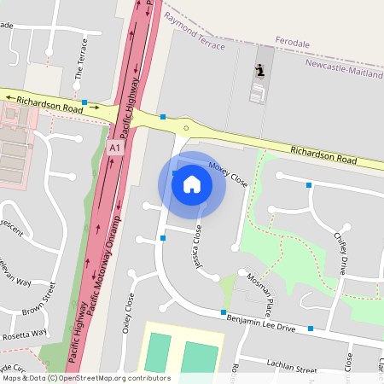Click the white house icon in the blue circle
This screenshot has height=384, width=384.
coord(191,183)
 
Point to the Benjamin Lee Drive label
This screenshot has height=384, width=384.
coord(260,322)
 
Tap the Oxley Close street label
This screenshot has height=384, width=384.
coord(130,313)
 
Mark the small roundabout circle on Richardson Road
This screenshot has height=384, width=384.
coord(185,129)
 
